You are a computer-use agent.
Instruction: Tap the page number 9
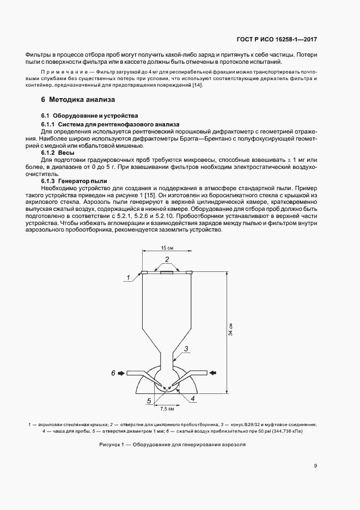[x=316, y=465]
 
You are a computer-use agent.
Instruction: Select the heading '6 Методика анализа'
[x=77, y=100]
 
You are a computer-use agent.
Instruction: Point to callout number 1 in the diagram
[x=128, y=277]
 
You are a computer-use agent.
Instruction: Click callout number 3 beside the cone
[x=185, y=349]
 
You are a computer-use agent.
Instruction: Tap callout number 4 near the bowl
[x=192, y=398]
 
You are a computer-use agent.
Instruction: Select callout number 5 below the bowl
[x=149, y=401]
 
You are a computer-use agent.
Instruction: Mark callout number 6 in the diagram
[x=113, y=373]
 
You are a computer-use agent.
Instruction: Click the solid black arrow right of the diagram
[x=213, y=373]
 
